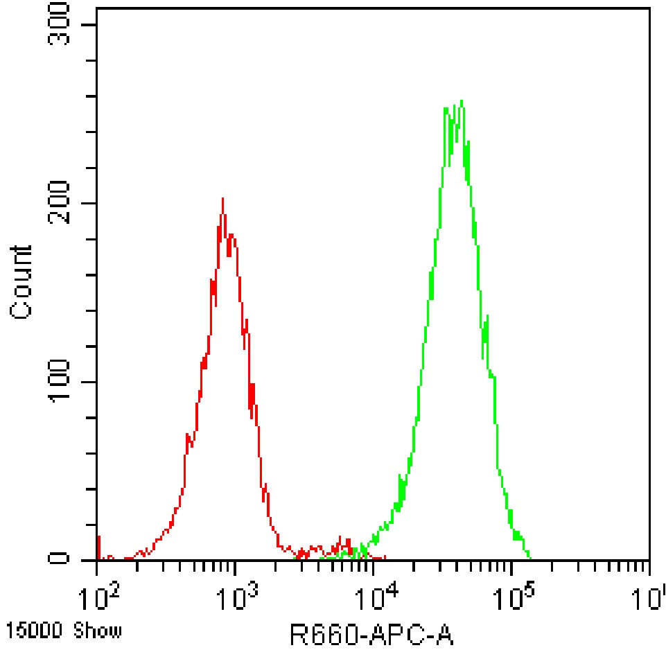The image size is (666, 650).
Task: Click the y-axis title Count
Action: (20, 283)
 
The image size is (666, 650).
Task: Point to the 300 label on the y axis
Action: (59, 24)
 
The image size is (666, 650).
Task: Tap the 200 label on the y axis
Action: (59, 202)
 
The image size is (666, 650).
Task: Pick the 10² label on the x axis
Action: (98, 596)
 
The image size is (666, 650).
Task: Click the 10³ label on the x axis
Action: (236, 596)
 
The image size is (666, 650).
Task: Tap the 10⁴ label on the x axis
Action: (375, 596)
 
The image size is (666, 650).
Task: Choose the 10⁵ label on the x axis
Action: (513, 596)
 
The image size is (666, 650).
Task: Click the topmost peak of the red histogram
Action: (222, 198)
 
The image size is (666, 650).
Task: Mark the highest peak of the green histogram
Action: (462, 100)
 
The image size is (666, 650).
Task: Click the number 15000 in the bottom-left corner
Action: (34, 631)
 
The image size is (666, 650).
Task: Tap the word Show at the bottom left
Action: (97, 631)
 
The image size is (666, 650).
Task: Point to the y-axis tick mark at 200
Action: (89, 203)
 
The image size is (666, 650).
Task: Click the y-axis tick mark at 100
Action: (89, 382)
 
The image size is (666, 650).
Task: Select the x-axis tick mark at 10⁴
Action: (374, 568)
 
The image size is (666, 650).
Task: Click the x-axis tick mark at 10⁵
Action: (512, 568)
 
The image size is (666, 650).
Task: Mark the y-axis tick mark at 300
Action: (89, 25)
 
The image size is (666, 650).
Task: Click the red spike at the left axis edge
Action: (99, 547)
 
